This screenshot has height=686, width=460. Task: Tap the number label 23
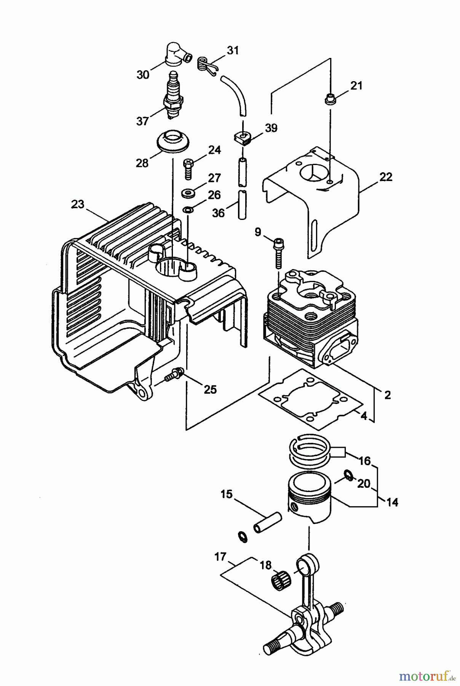(x=77, y=204)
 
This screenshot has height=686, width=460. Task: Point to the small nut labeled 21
(x=330, y=100)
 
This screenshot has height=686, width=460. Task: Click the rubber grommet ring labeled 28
(x=174, y=141)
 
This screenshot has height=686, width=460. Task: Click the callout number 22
(x=385, y=177)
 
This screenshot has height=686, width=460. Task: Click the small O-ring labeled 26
(x=188, y=210)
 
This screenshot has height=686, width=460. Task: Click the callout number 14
(x=392, y=502)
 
